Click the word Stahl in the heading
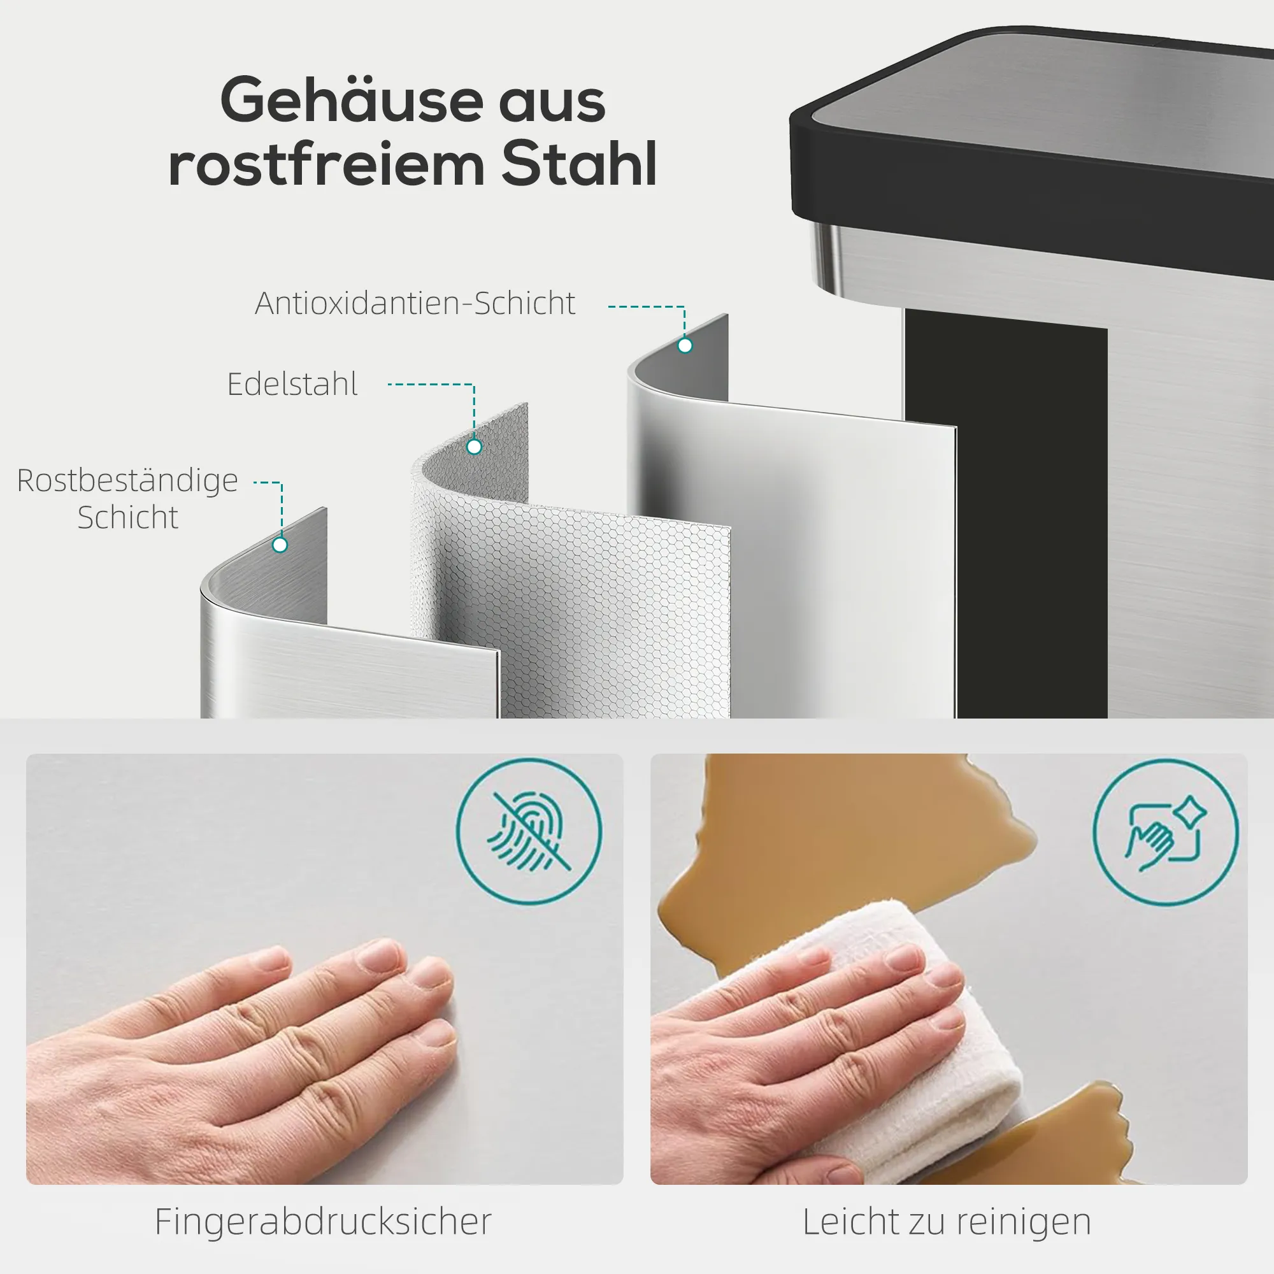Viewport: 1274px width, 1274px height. point(579,163)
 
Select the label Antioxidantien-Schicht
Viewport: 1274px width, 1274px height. point(415,303)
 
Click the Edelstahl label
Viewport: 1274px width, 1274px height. point(292,385)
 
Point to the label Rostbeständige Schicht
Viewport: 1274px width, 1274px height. point(127,499)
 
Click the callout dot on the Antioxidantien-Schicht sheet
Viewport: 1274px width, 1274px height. point(685,345)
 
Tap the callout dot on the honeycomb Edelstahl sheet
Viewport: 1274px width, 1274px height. point(474,447)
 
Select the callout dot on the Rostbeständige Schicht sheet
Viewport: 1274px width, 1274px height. point(280,545)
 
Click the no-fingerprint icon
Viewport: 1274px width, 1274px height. point(529,831)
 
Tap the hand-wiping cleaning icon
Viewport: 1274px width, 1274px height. point(1166,831)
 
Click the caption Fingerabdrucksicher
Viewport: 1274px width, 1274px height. point(323,1221)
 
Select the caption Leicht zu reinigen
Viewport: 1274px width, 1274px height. point(947,1221)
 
